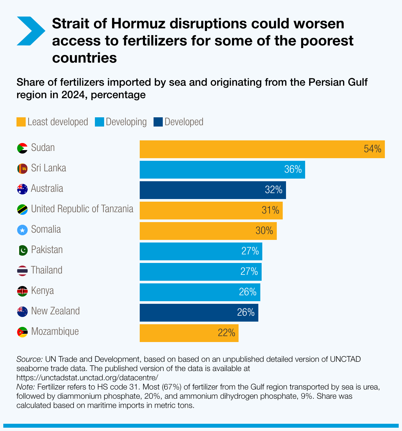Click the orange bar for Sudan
262,149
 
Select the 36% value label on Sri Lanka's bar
293,169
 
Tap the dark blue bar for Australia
213,190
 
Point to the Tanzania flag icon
22,210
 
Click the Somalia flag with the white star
22,230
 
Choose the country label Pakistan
47,250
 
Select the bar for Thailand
200,272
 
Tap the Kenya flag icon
22,291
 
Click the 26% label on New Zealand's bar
246,312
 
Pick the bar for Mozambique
189,333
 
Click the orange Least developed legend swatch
21,122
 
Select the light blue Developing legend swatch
99,122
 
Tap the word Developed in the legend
184,122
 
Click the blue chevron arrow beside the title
30,31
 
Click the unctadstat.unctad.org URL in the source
87,377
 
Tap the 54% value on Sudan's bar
372,149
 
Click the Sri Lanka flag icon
22,169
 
